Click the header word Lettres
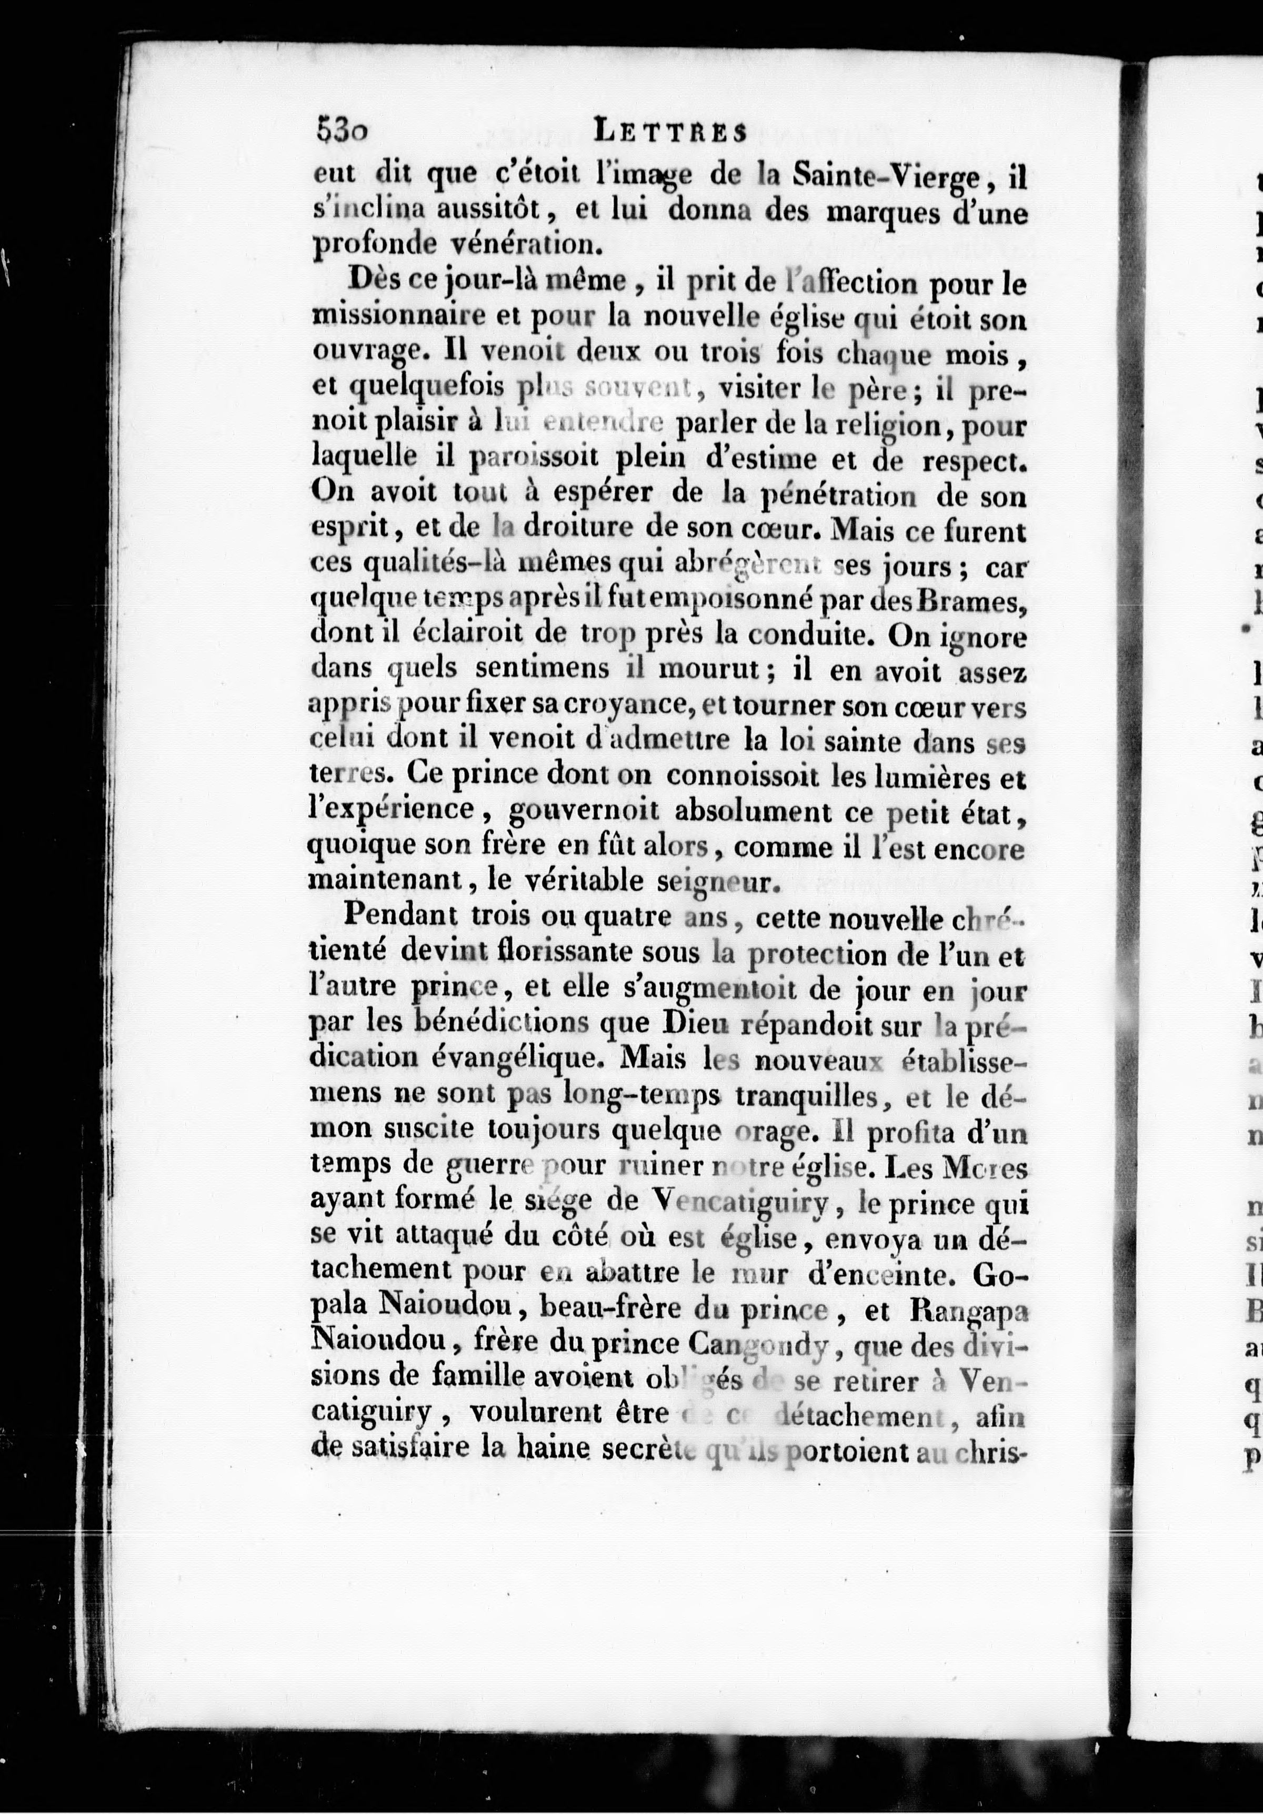tap(669, 130)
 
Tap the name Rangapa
tap(968, 1312)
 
